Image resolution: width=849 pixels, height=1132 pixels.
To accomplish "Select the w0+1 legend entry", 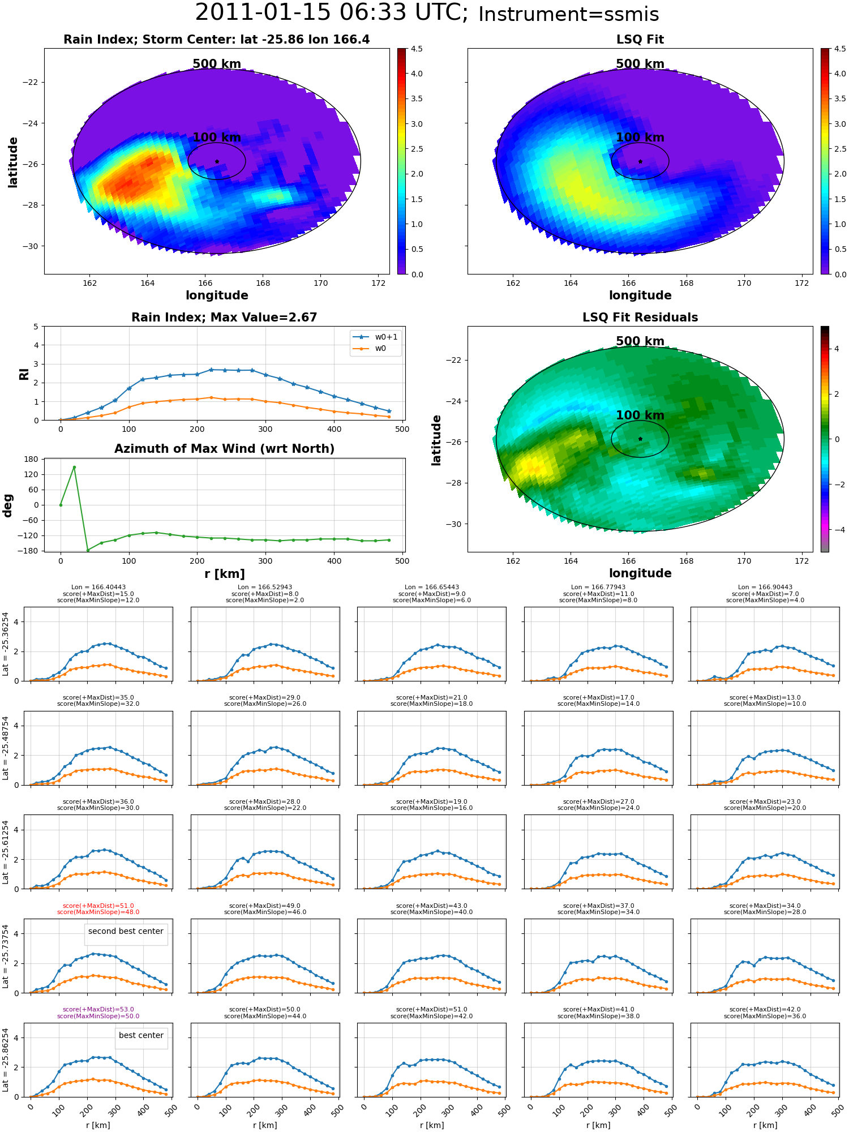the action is coord(376,337).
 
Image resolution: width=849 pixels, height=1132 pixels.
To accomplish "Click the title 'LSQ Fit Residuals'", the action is coord(640,318).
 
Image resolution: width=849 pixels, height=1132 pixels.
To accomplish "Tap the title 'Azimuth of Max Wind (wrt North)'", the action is coord(225,449).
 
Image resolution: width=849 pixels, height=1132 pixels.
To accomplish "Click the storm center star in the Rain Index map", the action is coord(217,161).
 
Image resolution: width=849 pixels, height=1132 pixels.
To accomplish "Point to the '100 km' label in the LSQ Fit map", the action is coord(640,138).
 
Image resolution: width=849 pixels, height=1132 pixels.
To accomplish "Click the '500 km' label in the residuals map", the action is coord(640,341).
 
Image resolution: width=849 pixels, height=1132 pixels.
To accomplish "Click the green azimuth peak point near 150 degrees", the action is coord(74,467).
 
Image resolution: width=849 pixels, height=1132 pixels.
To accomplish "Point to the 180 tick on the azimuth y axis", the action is coord(32,459).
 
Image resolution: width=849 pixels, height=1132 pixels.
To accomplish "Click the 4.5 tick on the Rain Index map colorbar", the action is coord(417,49).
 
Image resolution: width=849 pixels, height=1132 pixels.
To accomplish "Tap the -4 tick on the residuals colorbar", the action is coord(837,530).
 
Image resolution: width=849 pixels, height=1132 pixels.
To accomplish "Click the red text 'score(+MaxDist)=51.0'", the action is coord(98,906).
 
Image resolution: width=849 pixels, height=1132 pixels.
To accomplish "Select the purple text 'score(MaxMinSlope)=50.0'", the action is coord(98,1016).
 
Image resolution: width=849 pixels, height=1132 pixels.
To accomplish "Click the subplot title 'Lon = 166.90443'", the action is coord(765,588).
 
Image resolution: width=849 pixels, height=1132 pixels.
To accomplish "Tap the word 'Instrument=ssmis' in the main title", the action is coord(569,15).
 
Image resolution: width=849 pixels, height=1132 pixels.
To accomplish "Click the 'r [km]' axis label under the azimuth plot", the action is coord(225,574).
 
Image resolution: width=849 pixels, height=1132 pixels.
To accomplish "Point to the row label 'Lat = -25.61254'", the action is coord(6,852).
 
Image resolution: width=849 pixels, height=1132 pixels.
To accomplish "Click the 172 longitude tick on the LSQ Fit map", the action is coord(802,283).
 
